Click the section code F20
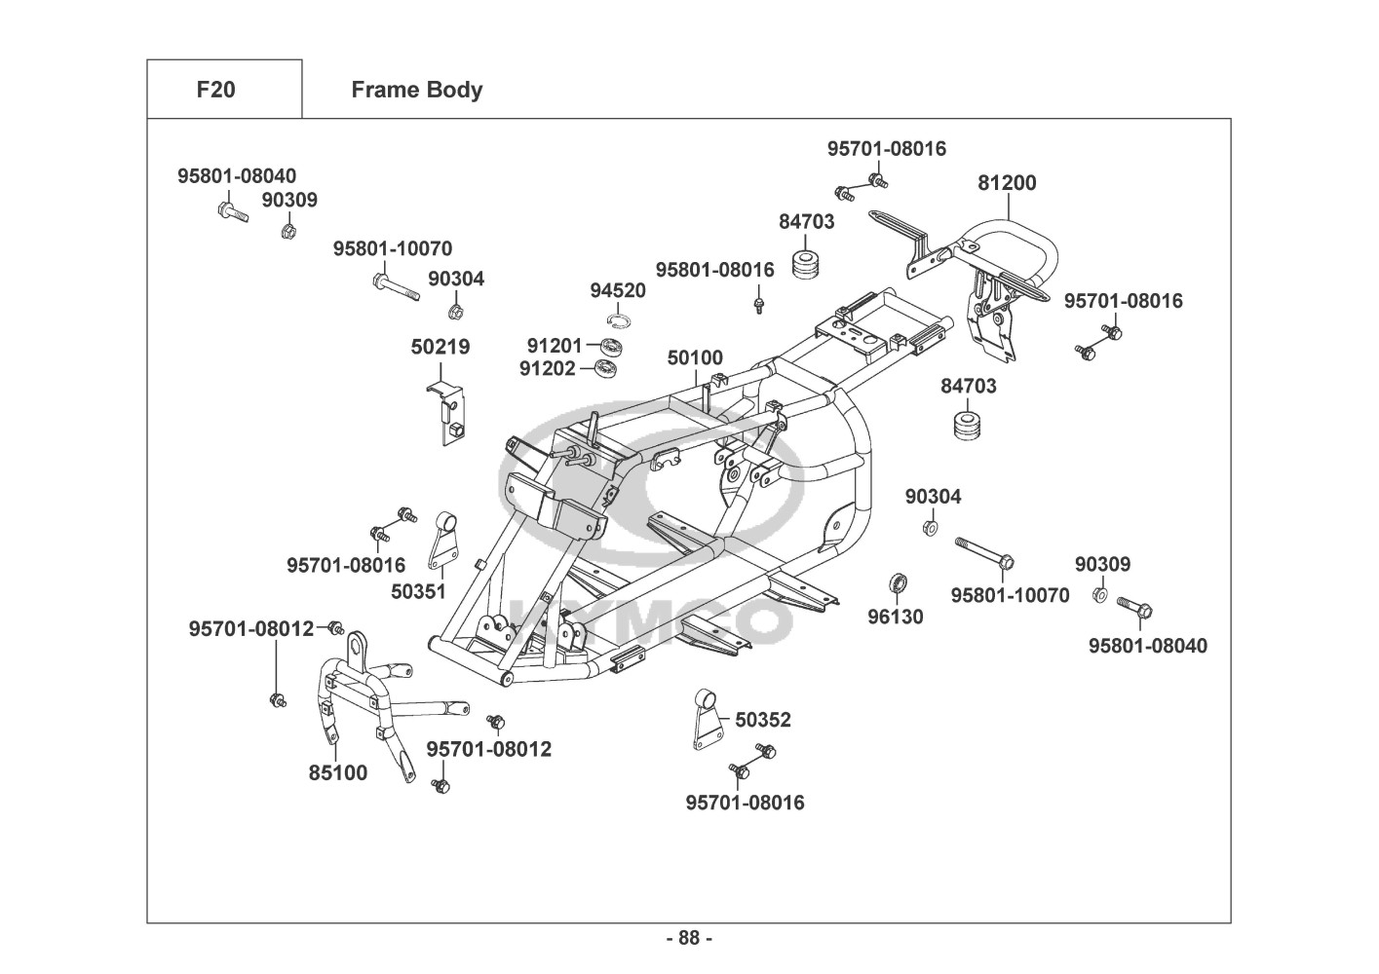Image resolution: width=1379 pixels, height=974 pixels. (215, 90)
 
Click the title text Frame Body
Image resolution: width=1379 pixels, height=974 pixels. (416, 90)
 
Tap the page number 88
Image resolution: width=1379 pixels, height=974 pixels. (689, 938)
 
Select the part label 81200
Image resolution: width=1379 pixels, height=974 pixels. (1007, 183)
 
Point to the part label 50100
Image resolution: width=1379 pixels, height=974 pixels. (695, 358)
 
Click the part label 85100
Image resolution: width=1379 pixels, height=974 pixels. (338, 773)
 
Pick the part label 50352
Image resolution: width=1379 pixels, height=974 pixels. (763, 720)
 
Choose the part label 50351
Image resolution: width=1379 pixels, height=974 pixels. (418, 591)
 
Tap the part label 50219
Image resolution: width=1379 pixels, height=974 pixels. (440, 347)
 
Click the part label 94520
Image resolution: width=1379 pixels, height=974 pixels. (618, 290)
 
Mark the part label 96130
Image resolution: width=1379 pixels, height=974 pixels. (896, 617)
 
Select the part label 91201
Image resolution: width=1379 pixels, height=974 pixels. (555, 345)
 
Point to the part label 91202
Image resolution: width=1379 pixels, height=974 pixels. (547, 368)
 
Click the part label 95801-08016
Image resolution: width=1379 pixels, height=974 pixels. (714, 270)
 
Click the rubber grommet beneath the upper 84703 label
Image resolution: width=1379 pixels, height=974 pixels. (806, 264)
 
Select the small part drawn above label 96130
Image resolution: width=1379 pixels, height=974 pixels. (899, 583)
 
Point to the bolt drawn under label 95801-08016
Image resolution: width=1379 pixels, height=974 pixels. (757, 305)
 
